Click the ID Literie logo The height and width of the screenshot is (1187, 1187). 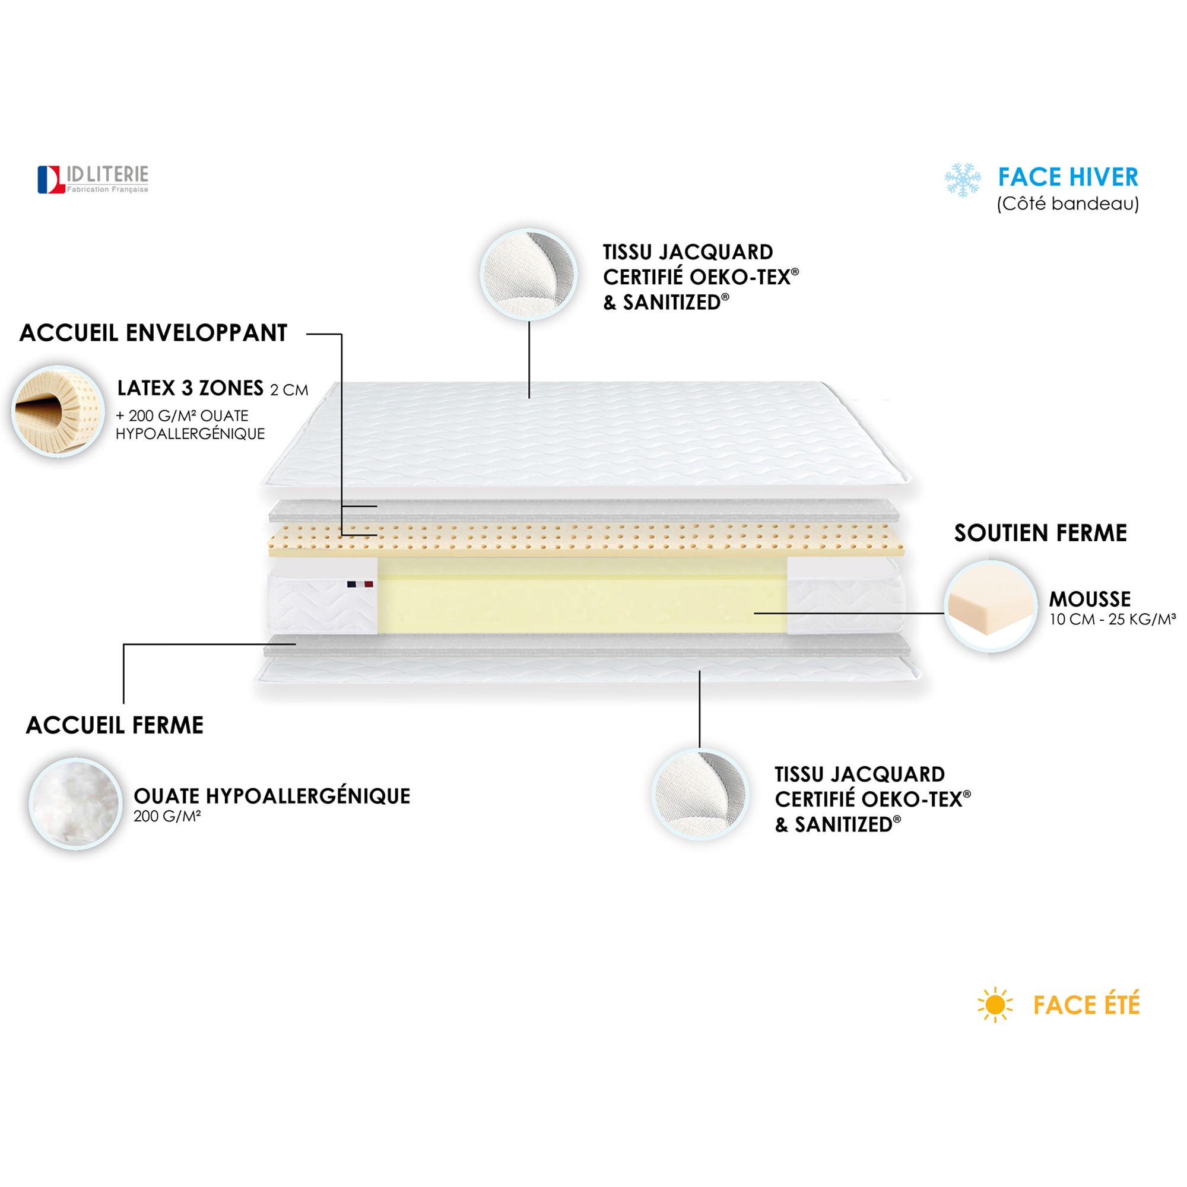tap(93, 179)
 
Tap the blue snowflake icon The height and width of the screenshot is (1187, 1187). tap(963, 180)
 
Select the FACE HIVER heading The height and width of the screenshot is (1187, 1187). tap(1068, 177)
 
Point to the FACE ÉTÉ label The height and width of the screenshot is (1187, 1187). tap(1086, 1005)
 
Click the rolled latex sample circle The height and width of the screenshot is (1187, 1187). tap(58, 411)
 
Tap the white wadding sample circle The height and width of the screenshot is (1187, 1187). tap(75, 804)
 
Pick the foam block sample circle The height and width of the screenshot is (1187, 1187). tap(991, 607)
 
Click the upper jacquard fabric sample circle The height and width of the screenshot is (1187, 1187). tap(529, 274)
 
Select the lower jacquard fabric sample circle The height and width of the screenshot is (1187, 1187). tap(700, 795)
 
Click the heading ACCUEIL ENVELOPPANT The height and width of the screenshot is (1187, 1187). tap(154, 333)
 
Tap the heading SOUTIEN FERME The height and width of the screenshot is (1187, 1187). tap(1040, 533)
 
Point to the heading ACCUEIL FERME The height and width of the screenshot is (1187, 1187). tap(115, 725)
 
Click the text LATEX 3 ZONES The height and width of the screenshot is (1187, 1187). tap(191, 388)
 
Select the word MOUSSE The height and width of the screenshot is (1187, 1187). tap(1090, 599)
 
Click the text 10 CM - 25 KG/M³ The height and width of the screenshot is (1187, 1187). tap(1113, 619)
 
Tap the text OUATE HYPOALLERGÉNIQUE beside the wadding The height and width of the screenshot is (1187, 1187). tap(272, 796)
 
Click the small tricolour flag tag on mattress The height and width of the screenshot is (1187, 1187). tap(360, 584)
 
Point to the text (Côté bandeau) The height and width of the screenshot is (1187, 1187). tap(1068, 204)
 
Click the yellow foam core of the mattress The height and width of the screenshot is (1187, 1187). tap(582, 595)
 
